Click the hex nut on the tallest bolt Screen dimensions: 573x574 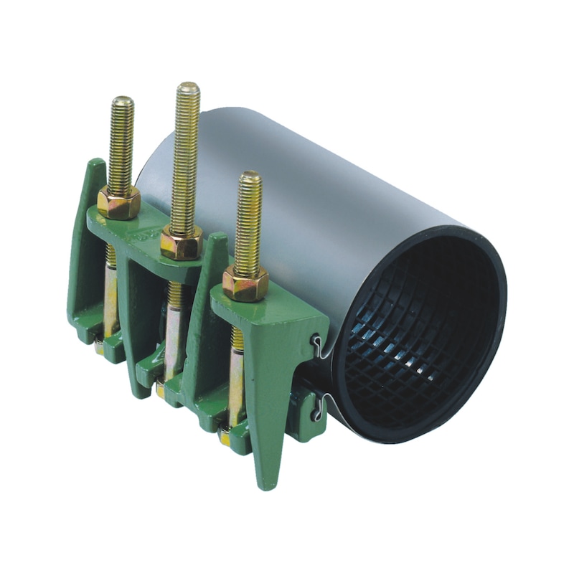pos(180,243)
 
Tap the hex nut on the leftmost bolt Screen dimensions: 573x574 pos(119,202)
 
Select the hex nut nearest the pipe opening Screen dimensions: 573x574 pos(245,284)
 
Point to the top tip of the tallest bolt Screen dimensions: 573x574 pos(189,87)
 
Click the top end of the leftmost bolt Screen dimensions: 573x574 pos(123,100)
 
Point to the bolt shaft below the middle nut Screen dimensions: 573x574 pos(174,316)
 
